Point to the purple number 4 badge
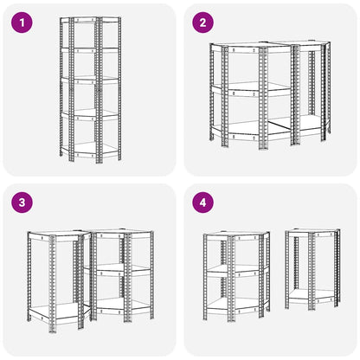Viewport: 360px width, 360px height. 202,203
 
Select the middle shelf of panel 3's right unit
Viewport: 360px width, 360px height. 121,270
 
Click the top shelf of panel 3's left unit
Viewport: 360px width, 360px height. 56,234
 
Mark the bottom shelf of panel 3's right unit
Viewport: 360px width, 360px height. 121,305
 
